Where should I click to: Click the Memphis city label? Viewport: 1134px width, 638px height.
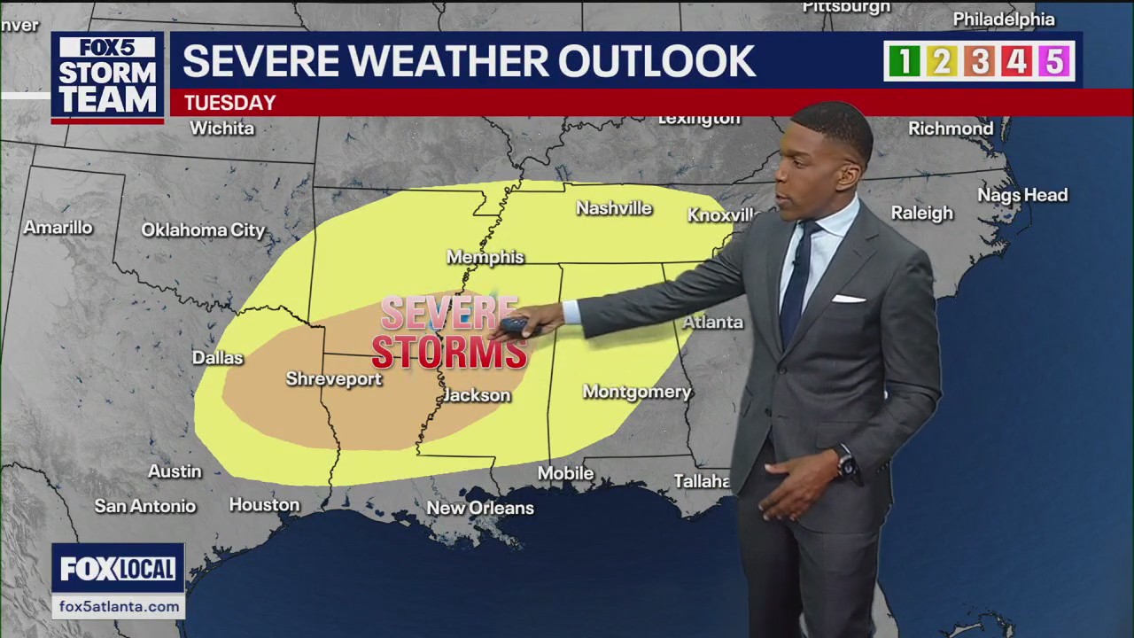(485, 257)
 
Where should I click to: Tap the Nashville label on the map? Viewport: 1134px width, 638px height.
(614, 208)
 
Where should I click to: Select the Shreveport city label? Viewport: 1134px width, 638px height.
(333, 379)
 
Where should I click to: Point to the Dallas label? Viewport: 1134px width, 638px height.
(218, 358)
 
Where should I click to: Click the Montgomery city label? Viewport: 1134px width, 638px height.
(637, 392)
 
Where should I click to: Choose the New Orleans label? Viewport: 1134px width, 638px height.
(480, 508)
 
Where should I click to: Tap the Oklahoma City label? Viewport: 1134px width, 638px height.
(203, 230)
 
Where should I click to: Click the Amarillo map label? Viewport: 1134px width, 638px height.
(58, 228)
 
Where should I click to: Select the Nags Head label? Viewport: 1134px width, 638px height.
(1022, 195)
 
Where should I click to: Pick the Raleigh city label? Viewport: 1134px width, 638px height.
(922, 213)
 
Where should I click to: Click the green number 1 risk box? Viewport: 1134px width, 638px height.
(904, 61)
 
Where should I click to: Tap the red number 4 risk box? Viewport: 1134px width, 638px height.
(1016, 61)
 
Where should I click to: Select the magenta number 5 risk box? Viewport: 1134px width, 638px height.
(1054, 61)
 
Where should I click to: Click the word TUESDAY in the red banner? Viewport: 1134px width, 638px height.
(229, 103)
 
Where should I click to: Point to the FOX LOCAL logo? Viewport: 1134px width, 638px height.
(118, 569)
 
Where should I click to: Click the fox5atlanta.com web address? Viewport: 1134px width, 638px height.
(119, 607)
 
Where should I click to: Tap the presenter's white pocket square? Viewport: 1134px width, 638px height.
(848, 299)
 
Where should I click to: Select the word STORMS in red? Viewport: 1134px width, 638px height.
(449, 352)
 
